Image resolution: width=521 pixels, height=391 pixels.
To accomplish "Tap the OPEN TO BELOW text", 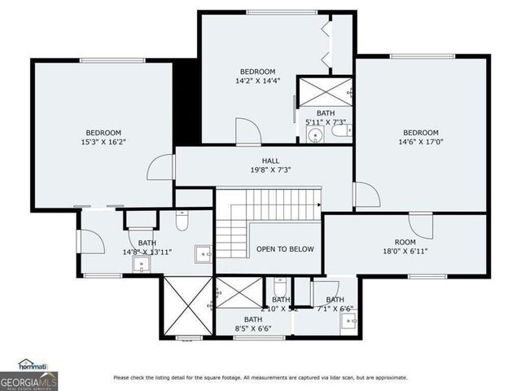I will [x=285, y=249].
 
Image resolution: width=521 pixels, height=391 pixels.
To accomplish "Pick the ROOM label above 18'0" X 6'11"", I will [x=405, y=242].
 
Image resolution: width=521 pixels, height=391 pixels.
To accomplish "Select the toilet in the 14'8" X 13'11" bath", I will [x=182, y=221].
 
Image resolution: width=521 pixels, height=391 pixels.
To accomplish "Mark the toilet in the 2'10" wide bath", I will [x=280, y=288].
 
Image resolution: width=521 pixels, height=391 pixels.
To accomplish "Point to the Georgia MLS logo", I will [x=28, y=380].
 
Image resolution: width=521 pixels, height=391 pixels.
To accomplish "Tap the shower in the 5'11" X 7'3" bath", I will [x=324, y=91].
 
